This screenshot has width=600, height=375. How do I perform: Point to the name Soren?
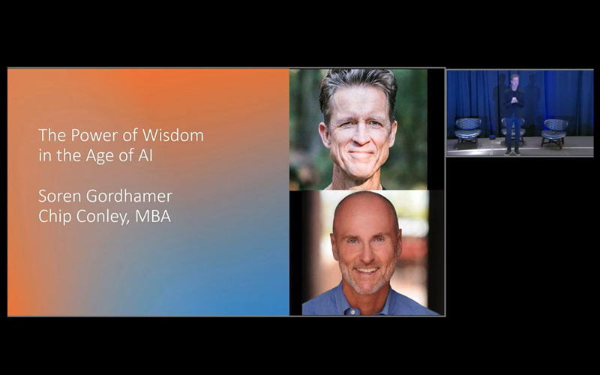point(58,196)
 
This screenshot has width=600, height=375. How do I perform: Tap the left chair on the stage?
point(468,130)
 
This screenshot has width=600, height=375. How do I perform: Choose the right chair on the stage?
point(555,130)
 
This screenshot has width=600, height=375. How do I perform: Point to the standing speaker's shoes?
point(512,151)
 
